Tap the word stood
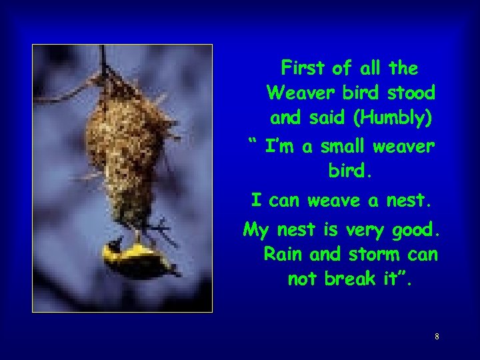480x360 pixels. coord(410,93)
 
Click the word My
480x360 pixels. coord(255,231)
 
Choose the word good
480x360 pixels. coord(418,231)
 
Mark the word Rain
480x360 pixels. coord(283,254)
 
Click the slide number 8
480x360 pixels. coord(437,337)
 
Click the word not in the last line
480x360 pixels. coord(303,279)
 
